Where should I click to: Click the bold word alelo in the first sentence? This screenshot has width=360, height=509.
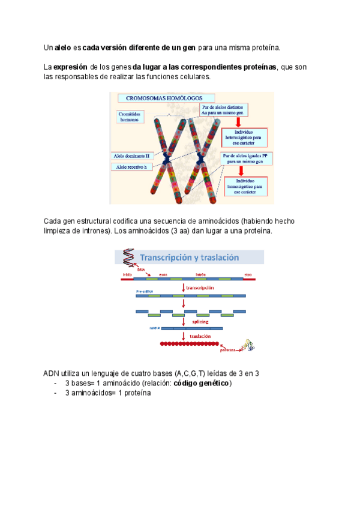point(63,47)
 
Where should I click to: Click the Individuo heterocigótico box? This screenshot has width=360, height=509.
point(244,138)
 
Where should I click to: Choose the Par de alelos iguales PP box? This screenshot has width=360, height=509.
point(244,158)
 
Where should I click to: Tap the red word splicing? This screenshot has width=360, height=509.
point(200,322)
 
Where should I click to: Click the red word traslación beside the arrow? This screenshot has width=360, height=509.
point(201,337)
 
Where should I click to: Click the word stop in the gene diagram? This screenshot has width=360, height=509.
point(248,274)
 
